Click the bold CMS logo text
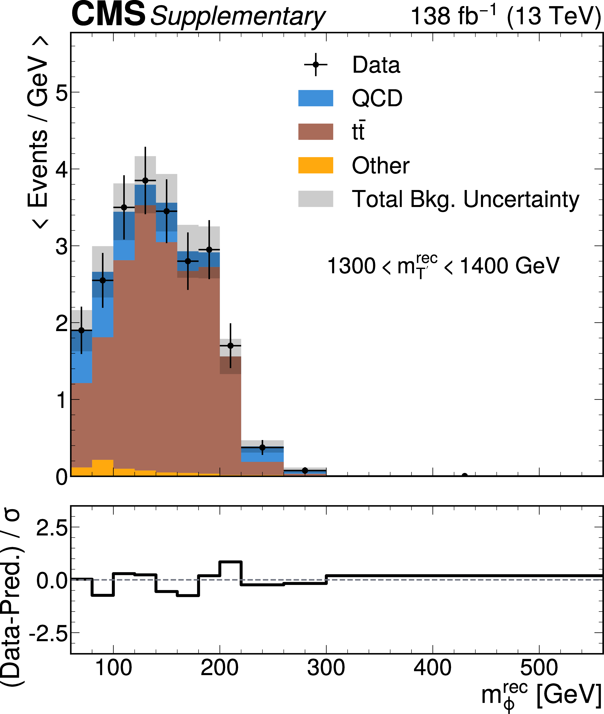[x=108, y=14]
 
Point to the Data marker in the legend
[x=316, y=64]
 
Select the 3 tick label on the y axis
[x=62, y=246]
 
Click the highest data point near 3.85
[x=145, y=180]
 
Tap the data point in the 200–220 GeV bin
[x=230, y=346]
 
